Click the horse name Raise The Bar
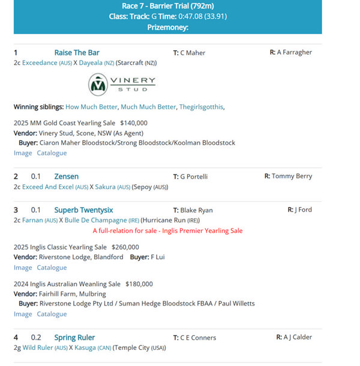coord(77,53)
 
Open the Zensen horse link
coord(66,176)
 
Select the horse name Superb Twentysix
coord(83,210)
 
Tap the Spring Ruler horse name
coord(74,337)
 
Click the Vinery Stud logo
coord(122,85)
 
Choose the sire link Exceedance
coord(40,63)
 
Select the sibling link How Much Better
coord(91,107)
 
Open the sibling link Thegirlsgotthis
coord(201,107)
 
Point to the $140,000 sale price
coord(134,123)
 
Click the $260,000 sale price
coord(125,247)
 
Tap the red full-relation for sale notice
coord(167,230)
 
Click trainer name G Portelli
coord(193,177)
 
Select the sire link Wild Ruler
coord(37,347)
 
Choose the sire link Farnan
coord(32,220)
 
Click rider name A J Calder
coord(298,337)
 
